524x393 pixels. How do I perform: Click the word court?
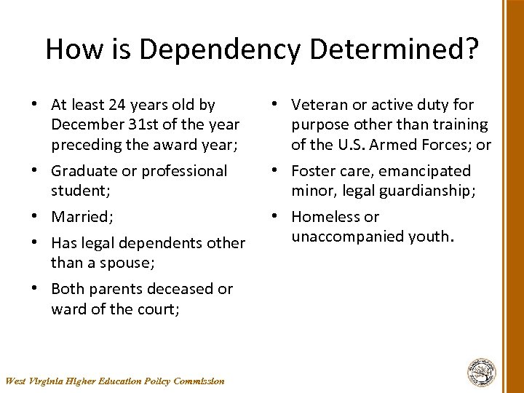pyautogui.click(x=156, y=309)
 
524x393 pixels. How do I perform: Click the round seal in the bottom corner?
pyautogui.click(x=482, y=372)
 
